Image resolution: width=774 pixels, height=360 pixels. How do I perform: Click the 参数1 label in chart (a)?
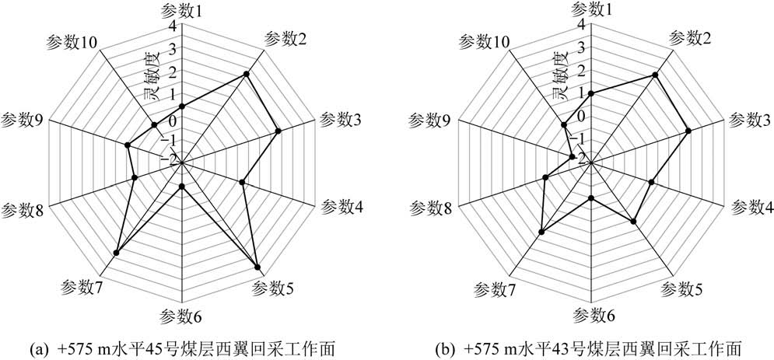click(x=181, y=10)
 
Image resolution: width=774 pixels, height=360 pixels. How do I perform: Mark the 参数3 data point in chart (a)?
click(x=278, y=131)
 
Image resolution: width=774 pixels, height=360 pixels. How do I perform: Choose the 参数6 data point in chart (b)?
click(x=591, y=198)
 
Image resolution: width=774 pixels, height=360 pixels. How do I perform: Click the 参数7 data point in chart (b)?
click(x=541, y=232)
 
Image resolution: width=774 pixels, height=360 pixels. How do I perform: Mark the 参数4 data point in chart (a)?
click(x=242, y=183)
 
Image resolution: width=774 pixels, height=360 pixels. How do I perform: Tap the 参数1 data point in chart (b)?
click(x=591, y=93)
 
